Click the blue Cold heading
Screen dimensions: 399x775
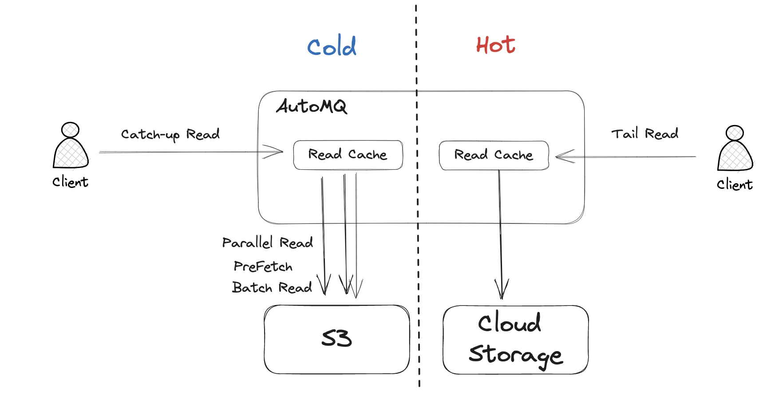click(x=332, y=46)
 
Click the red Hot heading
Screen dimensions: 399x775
click(x=495, y=45)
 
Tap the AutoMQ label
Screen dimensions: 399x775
click(x=312, y=106)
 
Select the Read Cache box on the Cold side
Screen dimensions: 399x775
click(x=348, y=155)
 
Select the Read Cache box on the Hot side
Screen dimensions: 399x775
click(x=494, y=155)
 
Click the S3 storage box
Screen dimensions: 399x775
click(x=336, y=339)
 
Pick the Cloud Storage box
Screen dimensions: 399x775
click(x=515, y=340)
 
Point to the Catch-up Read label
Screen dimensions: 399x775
click(x=170, y=134)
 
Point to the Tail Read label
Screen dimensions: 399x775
click(x=645, y=133)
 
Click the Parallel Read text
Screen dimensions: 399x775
click(x=268, y=243)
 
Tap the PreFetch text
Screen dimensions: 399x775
click(x=263, y=266)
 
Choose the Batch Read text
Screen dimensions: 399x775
click(x=272, y=288)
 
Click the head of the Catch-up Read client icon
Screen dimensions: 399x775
click(x=70, y=130)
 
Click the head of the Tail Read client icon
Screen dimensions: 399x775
click(x=735, y=133)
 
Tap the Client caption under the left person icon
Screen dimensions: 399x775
click(x=70, y=182)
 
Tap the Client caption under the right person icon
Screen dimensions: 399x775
click(x=735, y=185)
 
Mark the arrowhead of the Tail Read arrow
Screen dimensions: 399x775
click(x=560, y=156)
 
